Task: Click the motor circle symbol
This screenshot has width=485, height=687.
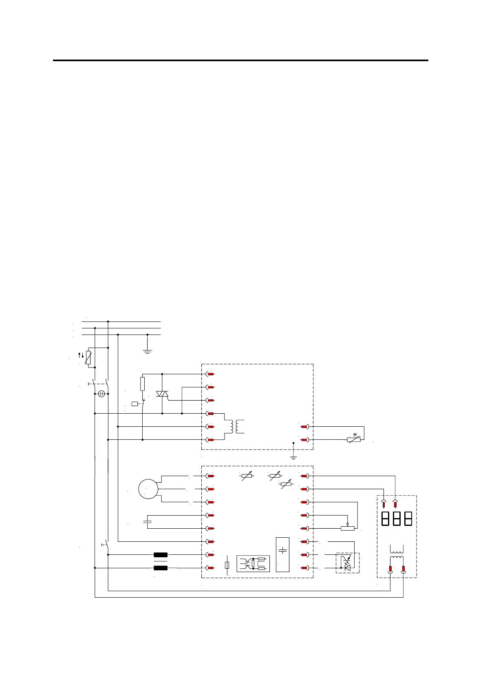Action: (x=148, y=489)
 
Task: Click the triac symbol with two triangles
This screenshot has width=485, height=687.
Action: (x=162, y=394)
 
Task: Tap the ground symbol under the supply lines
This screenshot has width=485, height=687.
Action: (x=148, y=350)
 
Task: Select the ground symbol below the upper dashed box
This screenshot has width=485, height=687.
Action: (x=293, y=457)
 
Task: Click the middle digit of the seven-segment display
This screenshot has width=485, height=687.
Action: (x=396, y=519)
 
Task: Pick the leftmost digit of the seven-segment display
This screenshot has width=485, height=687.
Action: (x=385, y=519)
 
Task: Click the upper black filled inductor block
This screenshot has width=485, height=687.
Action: (x=161, y=555)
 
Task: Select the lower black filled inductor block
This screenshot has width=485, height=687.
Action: (x=161, y=568)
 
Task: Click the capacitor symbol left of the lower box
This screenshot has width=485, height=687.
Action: (x=148, y=521)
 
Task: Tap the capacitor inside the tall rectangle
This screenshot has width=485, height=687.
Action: (x=282, y=551)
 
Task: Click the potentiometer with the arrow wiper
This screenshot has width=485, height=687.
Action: (x=347, y=528)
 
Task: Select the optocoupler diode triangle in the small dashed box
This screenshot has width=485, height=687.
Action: (x=347, y=567)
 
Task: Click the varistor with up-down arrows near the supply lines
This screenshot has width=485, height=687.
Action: (x=88, y=358)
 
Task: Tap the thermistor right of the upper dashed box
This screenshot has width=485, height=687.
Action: (x=353, y=440)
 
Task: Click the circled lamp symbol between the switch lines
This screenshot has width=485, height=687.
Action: (x=102, y=394)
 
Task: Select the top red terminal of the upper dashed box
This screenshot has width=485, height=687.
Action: (x=211, y=374)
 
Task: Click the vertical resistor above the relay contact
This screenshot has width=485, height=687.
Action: (x=142, y=384)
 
